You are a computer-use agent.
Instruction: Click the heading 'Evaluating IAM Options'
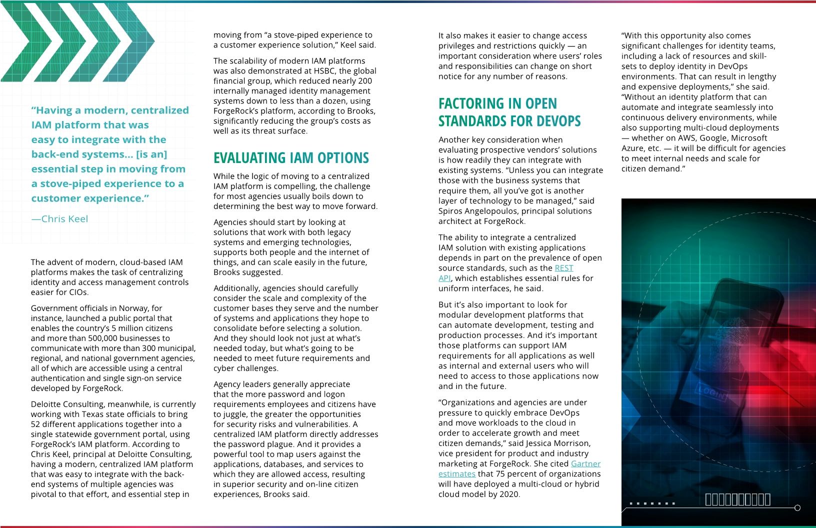point(291,158)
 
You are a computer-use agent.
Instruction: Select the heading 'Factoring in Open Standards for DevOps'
point(509,112)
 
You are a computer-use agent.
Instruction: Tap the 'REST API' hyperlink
point(563,268)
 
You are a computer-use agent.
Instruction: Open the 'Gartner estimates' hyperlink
point(585,464)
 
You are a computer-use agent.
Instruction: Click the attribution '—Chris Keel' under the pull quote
point(60,219)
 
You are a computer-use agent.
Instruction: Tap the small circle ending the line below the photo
point(797,508)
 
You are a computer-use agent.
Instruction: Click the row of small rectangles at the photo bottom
point(737,499)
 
